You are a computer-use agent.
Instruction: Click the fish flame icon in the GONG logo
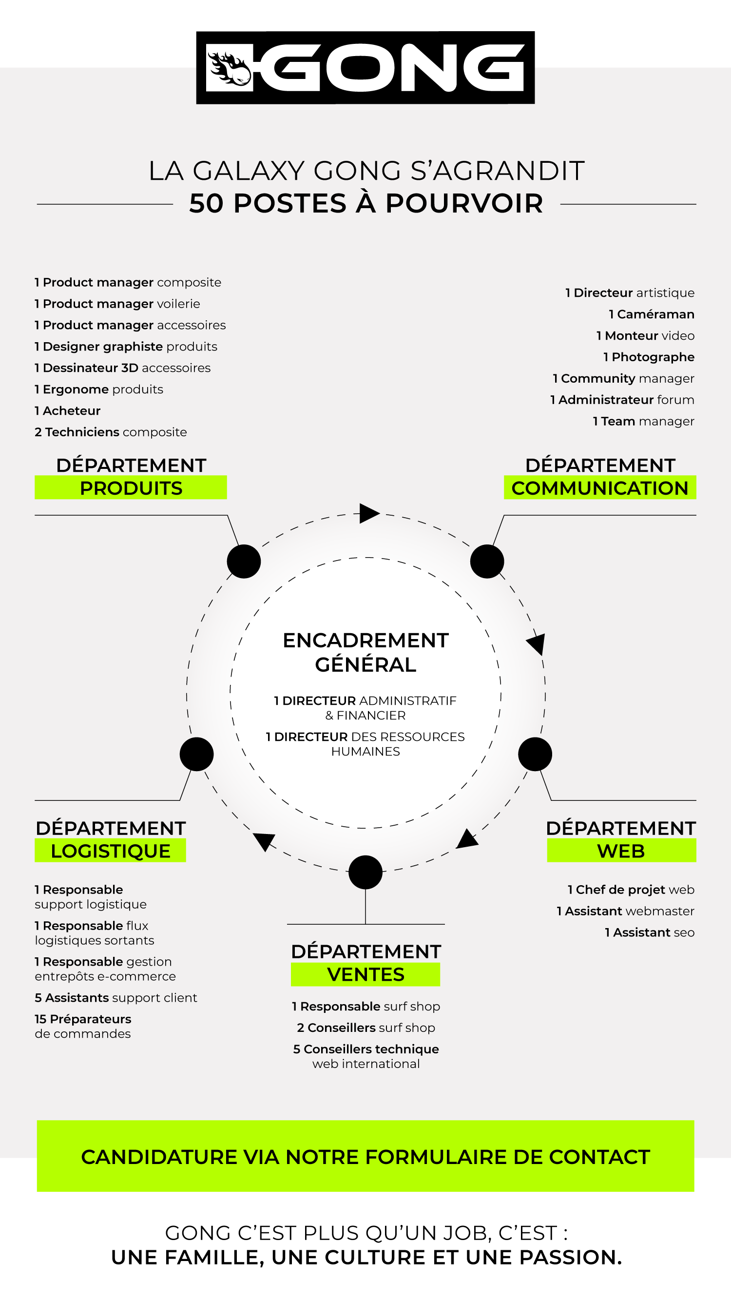230,68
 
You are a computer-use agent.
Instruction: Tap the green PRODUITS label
131,488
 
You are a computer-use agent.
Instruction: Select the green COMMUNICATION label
599,488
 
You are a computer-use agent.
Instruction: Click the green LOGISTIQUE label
111,851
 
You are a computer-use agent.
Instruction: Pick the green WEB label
621,851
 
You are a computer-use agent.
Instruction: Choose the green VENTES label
365,974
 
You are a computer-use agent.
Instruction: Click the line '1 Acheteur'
68,411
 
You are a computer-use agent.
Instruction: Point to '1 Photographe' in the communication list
649,357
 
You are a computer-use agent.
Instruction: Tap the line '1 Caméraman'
651,314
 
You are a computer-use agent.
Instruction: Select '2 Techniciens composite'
111,432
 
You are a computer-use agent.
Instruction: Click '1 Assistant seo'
649,932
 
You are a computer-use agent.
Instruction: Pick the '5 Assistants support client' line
116,998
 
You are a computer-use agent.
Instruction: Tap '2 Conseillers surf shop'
366,1028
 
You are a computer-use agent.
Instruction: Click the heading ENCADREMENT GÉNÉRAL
365,652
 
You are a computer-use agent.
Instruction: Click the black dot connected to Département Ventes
365,872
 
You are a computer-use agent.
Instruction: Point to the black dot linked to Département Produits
244,561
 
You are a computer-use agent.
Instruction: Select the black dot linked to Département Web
535,754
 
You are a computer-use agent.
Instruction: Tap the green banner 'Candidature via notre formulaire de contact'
365,1157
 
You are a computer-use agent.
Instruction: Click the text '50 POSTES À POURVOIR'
366,203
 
